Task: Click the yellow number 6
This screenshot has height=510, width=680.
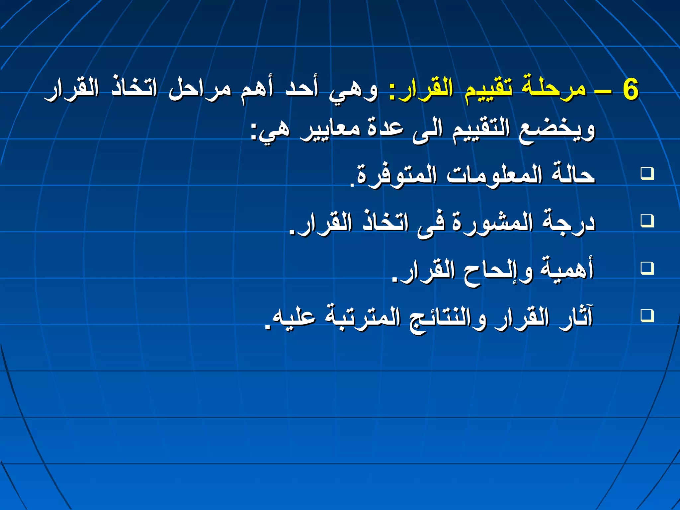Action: (x=630, y=90)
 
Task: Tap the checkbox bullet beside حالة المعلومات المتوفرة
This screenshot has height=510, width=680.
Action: (x=647, y=173)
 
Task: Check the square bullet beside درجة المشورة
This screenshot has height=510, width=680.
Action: (x=647, y=220)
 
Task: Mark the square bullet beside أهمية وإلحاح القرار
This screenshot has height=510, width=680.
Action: (x=647, y=268)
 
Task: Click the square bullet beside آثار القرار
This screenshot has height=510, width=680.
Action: (x=647, y=315)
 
